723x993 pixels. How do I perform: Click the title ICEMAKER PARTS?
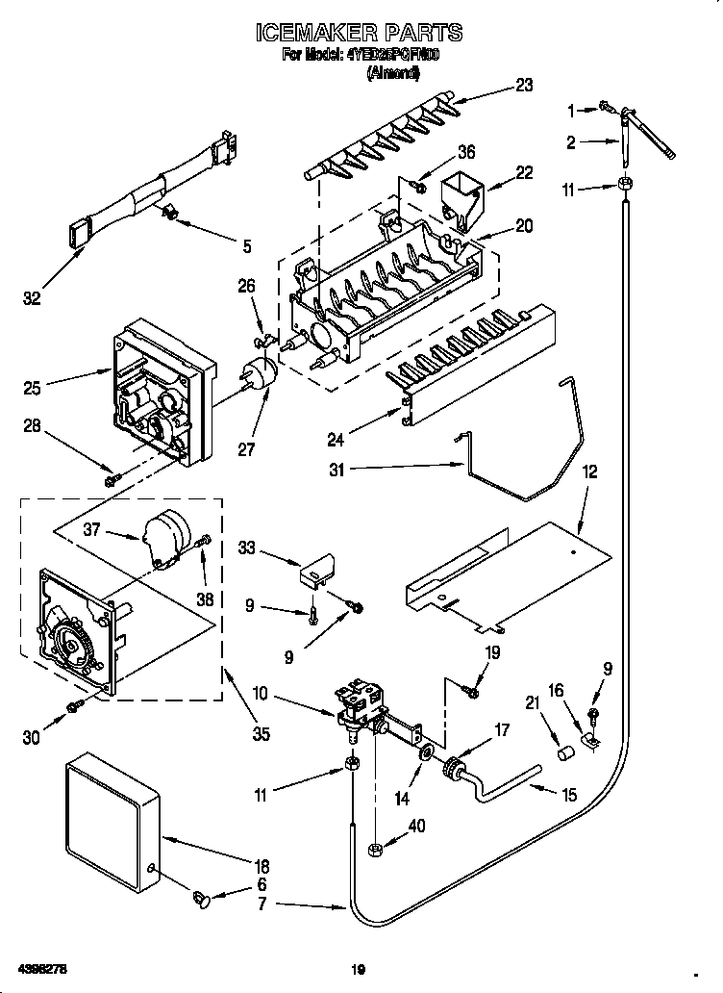coord(359,33)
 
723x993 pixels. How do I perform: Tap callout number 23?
coord(523,85)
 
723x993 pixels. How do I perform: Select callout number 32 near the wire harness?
coord(32,299)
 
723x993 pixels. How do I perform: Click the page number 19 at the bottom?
coord(359,968)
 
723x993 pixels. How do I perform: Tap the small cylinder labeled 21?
coord(567,751)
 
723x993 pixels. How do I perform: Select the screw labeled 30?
coord(73,709)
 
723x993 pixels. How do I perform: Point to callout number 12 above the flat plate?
coord(589,472)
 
